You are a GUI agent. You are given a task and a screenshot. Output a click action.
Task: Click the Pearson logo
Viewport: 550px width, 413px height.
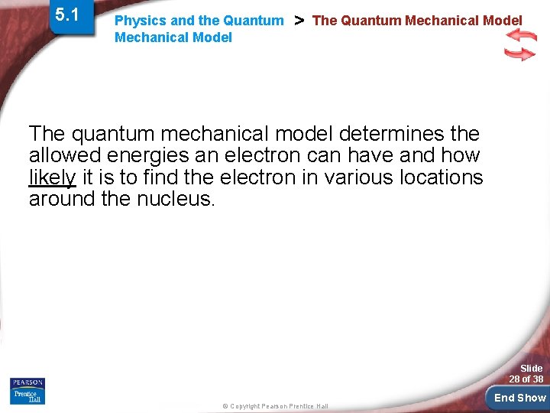(x=27, y=382)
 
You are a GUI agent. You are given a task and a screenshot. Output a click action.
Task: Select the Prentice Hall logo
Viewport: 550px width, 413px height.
(x=27, y=396)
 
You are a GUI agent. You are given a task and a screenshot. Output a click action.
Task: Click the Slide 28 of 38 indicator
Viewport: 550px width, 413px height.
(x=527, y=373)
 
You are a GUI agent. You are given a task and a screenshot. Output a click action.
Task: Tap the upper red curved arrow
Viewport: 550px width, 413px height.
(x=522, y=36)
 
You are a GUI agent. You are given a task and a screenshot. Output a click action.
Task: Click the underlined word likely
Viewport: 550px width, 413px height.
(x=52, y=178)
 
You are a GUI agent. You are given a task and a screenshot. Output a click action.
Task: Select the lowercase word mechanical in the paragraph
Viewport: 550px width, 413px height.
(x=196, y=135)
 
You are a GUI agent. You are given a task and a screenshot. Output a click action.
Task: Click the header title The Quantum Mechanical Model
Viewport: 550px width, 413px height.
(x=417, y=21)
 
